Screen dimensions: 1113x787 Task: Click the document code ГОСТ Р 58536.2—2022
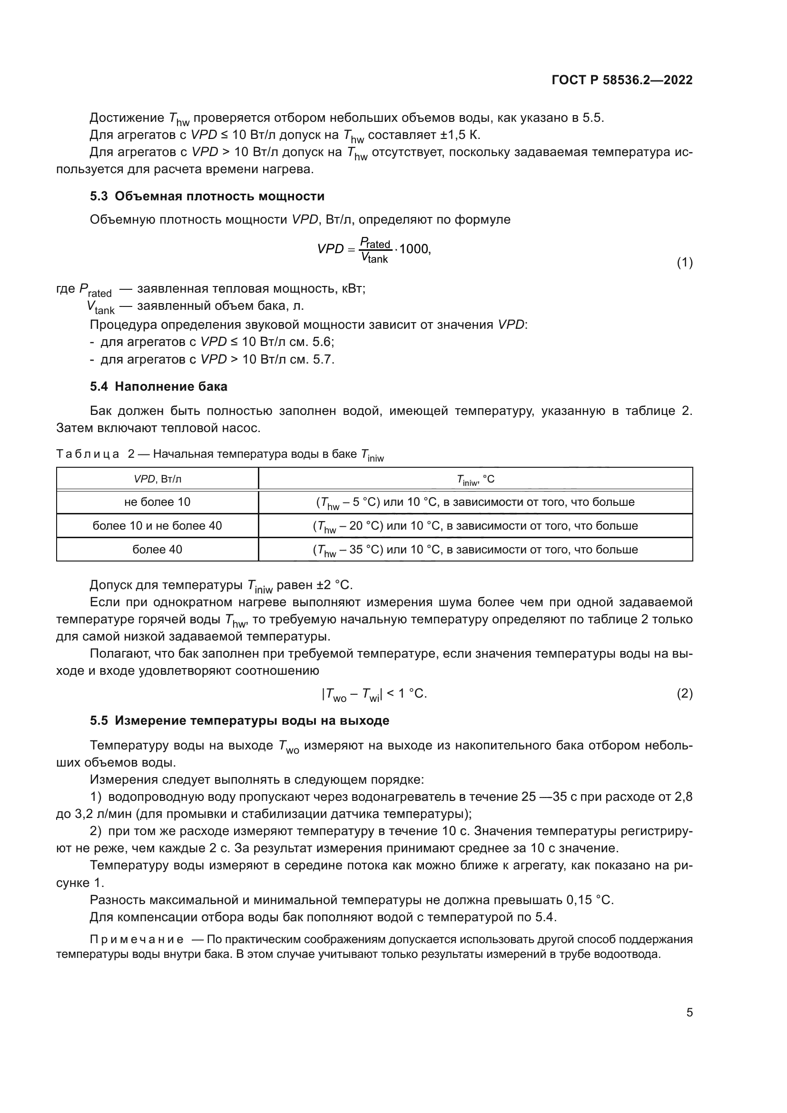(622, 80)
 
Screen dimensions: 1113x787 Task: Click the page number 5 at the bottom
(689, 1013)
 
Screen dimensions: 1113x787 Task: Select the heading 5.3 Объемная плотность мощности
(207, 197)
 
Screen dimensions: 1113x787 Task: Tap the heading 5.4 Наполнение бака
(158, 386)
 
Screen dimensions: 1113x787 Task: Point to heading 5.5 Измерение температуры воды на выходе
(239, 720)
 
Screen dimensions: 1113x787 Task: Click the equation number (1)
(684, 263)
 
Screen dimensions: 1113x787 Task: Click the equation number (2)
(684, 694)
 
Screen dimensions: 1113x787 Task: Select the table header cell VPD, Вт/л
(157, 479)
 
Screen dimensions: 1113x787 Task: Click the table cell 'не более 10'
(157, 502)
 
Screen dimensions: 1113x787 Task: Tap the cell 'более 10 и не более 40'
(157, 525)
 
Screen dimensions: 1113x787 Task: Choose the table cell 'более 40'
(157, 549)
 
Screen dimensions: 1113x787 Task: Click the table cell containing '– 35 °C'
(475, 550)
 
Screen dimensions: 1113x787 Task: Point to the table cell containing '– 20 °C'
(475, 526)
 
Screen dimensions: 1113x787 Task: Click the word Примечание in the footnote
(137, 939)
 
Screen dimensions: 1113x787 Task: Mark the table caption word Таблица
(88, 454)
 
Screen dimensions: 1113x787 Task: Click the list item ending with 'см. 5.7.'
(216, 359)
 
